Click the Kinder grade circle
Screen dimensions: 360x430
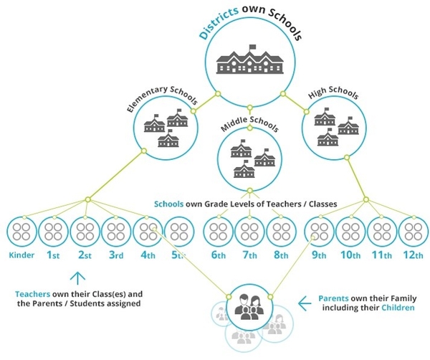point(21,232)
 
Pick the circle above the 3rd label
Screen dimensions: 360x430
point(117,232)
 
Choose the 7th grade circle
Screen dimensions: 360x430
point(250,232)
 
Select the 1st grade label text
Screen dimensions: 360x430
point(53,256)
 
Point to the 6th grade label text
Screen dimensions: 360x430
point(219,256)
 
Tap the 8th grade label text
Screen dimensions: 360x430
point(282,256)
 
